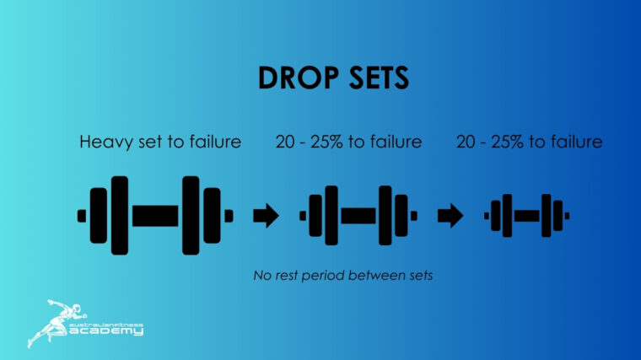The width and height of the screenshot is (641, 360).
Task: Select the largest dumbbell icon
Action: [x=155, y=216]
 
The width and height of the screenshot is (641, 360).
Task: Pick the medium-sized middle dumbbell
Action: [x=358, y=216]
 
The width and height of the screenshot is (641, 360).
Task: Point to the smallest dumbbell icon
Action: [x=526, y=216]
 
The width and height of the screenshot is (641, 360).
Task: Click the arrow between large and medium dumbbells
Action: [x=266, y=216]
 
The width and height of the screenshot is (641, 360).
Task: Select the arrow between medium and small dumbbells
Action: [x=450, y=216]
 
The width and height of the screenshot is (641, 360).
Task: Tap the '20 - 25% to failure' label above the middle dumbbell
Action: [x=348, y=142]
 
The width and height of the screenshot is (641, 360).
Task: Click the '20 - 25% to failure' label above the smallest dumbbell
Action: [x=529, y=142]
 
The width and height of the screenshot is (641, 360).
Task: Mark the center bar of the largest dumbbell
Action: [x=155, y=216]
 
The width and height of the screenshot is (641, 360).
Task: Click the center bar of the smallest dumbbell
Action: [x=526, y=216]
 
